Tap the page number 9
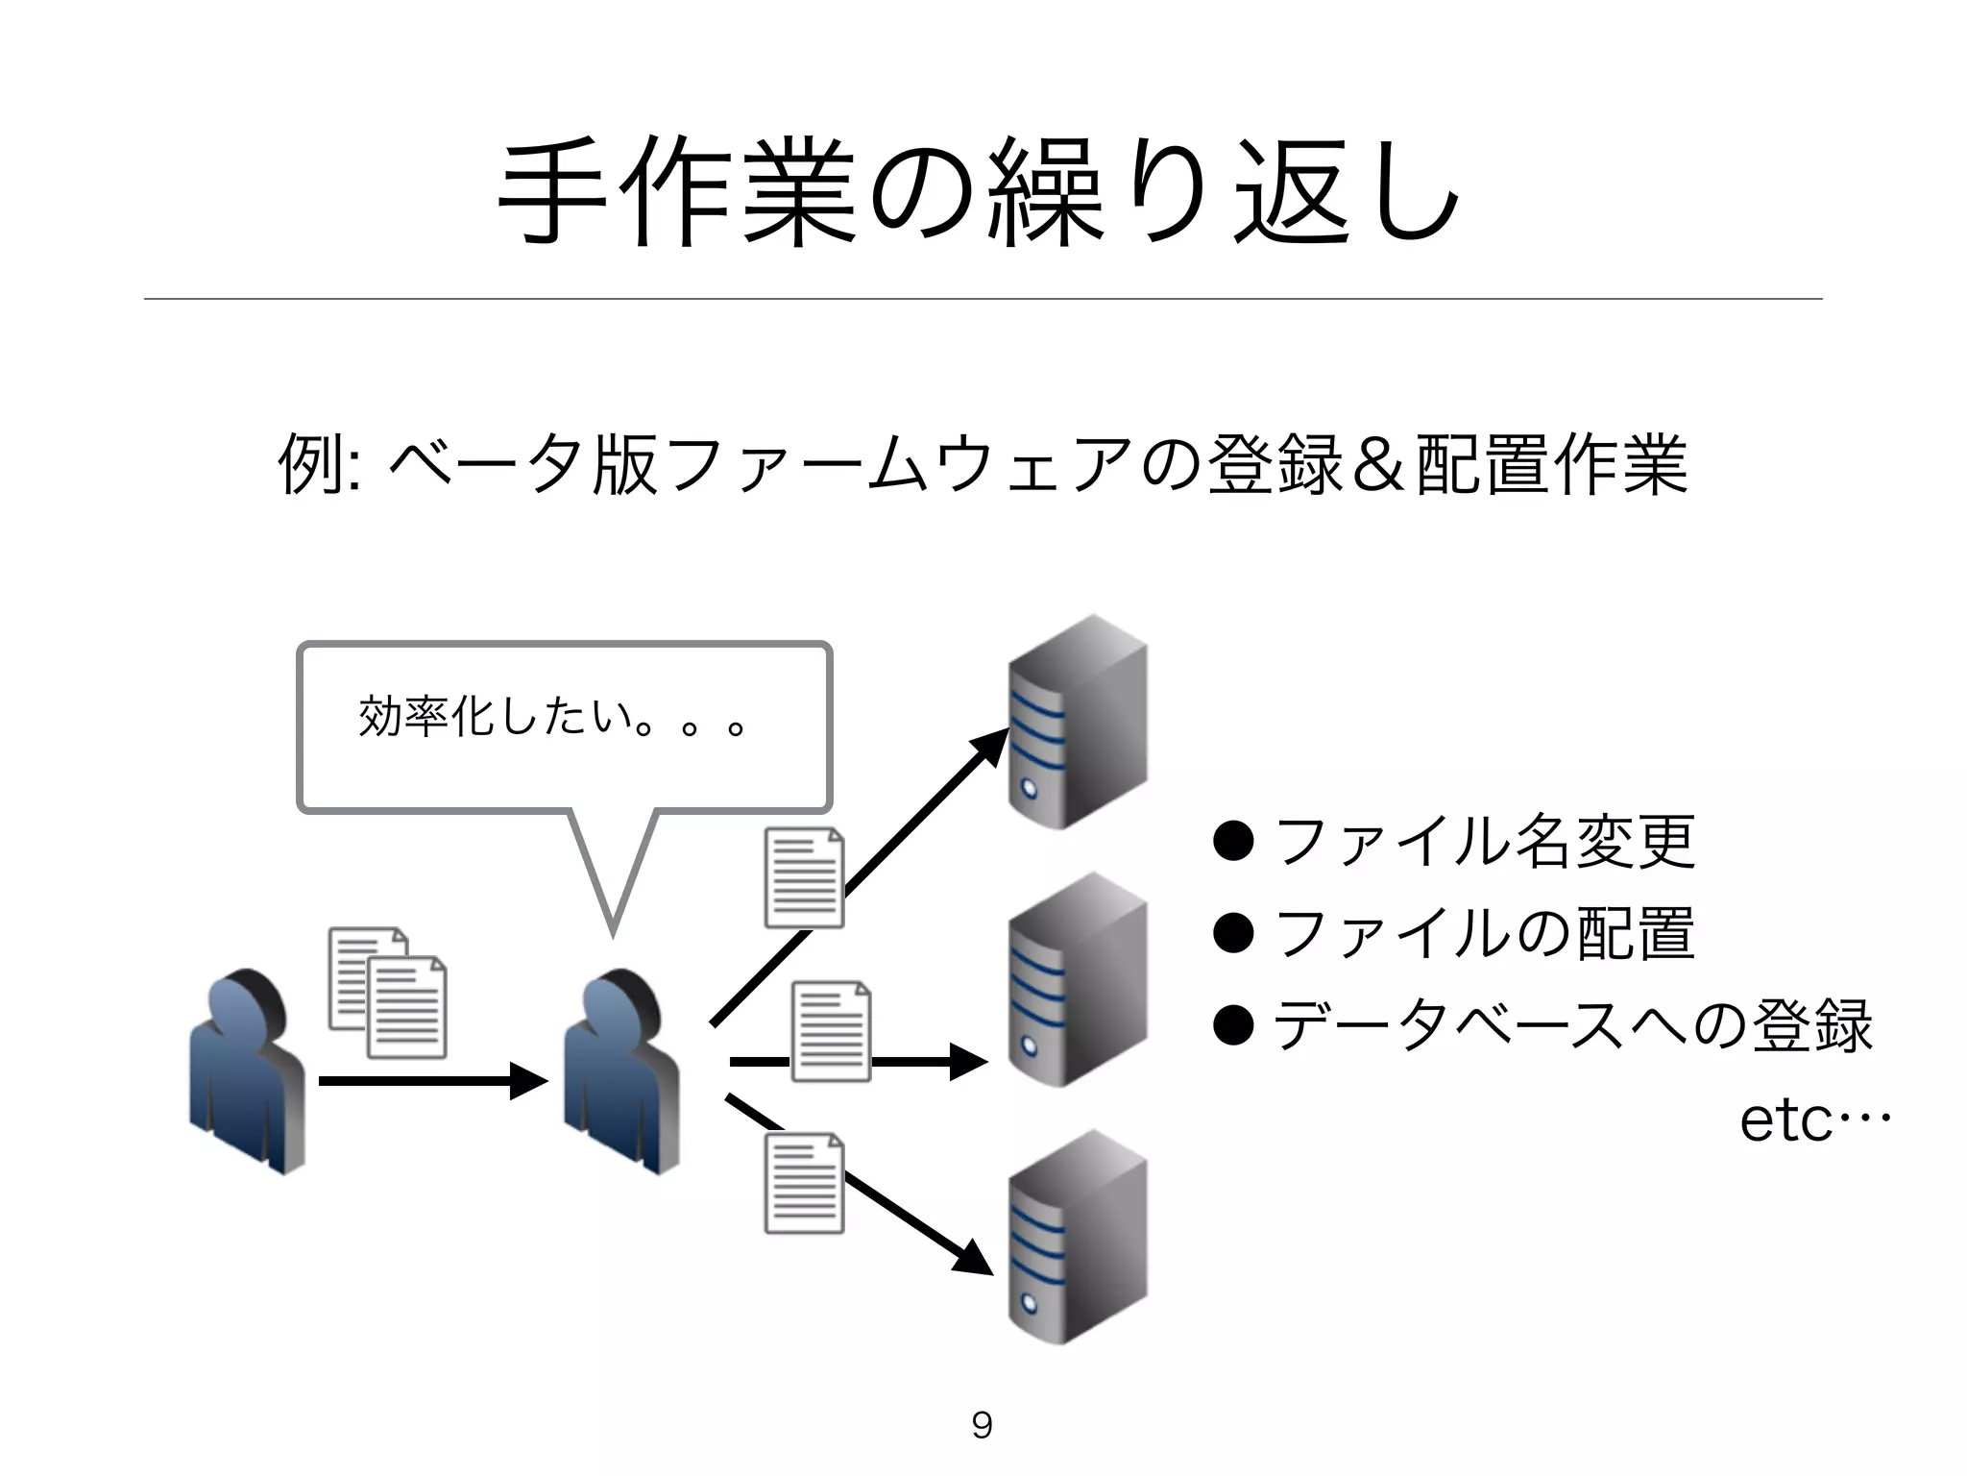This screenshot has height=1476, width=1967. (x=982, y=1424)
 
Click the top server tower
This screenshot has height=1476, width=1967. (x=1078, y=723)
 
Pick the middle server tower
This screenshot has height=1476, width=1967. (x=1078, y=980)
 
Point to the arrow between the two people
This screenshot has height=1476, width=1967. (x=432, y=1081)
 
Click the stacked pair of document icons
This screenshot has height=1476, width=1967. (x=388, y=992)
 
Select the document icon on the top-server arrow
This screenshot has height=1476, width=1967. (x=804, y=877)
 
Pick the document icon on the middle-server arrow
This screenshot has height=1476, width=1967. (x=831, y=1031)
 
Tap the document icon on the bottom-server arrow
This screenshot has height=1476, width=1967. (x=804, y=1183)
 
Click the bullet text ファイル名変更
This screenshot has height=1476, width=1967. (x=1484, y=841)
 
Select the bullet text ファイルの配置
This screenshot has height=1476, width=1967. (x=1484, y=933)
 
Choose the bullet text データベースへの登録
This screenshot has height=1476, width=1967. (x=1571, y=1025)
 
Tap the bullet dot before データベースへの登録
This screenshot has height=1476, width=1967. (x=1234, y=1025)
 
